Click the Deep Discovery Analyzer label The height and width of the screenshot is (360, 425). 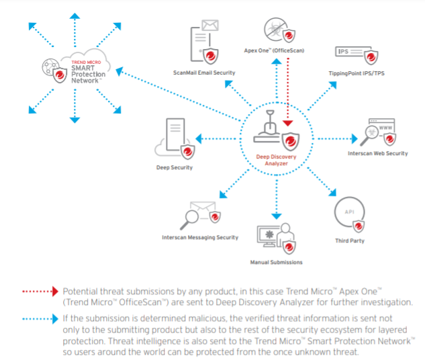[276, 160]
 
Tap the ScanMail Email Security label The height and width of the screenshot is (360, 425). [204, 73]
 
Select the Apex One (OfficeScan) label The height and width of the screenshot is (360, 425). [274, 50]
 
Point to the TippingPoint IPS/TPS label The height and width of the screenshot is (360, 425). [357, 73]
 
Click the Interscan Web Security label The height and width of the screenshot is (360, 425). [378, 153]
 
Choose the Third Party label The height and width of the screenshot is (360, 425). [350, 240]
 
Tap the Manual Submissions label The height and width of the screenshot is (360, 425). [276, 262]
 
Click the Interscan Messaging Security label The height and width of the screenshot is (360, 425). [200, 238]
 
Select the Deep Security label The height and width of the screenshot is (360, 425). [175, 167]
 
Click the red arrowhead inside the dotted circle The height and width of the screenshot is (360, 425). [288, 124]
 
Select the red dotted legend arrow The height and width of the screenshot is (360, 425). [40, 291]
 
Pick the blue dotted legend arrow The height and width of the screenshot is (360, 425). [40, 319]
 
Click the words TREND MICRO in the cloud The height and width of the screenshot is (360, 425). [86, 62]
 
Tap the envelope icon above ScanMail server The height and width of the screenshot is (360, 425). [210, 26]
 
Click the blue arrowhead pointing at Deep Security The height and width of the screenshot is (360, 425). [199, 139]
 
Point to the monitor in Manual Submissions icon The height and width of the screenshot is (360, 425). [267, 236]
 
